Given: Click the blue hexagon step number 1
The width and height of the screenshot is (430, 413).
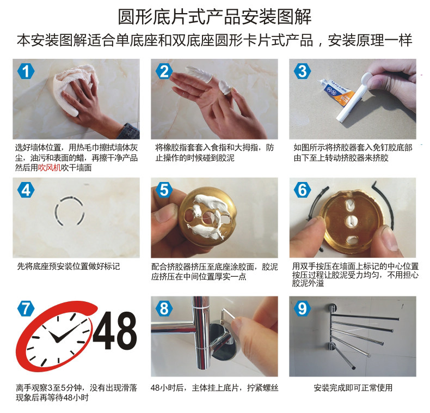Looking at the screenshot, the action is (26, 71).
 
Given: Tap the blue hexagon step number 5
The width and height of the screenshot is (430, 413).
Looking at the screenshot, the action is (164, 190).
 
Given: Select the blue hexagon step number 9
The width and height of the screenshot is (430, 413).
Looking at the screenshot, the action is (302, 308).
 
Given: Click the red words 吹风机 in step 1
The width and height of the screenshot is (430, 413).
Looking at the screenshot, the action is (50, 167).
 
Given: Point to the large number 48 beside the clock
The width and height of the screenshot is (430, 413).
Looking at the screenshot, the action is (115, 330).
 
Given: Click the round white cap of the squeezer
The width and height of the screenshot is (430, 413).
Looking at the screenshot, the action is (367, 80).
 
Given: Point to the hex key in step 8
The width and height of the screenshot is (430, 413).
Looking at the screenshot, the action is (228, 314).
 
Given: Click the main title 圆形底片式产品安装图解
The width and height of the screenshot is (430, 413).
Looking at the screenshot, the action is (214, 17).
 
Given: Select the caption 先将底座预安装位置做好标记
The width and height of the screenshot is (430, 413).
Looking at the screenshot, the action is (69, 266).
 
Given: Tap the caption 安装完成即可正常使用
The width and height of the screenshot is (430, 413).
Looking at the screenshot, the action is (353, 388).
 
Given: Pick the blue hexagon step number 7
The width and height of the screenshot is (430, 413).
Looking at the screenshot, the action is (26, 308).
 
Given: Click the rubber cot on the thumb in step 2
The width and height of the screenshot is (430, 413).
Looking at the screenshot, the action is (225, 87).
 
